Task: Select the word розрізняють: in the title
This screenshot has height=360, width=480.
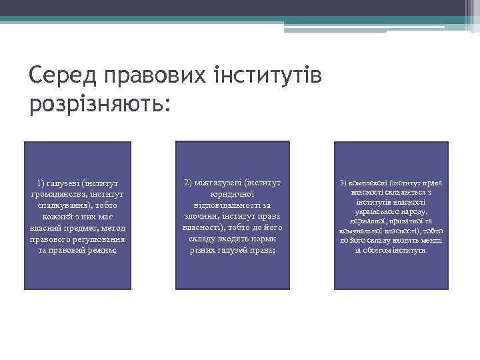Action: pos(100,103)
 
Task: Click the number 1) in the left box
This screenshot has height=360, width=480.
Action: pos(43,182)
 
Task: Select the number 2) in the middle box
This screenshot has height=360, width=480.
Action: pos(188,182)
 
